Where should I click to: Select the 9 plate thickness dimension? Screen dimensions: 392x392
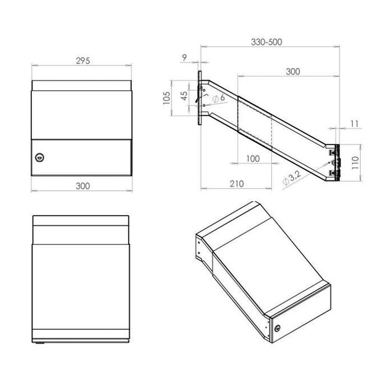click(x=184, y=57)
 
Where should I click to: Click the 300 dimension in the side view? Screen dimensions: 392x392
click(x=292, y=71)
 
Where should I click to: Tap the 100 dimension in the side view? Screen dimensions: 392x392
click(x=253, y=158)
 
